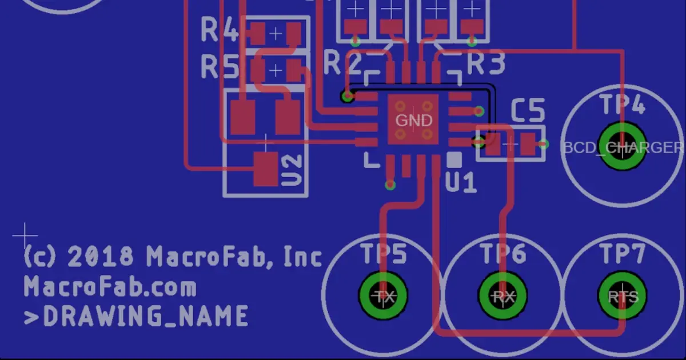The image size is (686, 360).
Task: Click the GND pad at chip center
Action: (x=413, y=119)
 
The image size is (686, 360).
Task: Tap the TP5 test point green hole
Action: (x=384, y=296)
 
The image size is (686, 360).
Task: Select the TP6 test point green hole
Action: (x=503, y=296)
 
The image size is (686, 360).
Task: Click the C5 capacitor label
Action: (x=527, y=111)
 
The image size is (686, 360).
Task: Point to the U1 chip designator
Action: (x=460, y=183)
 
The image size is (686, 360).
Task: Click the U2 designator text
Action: (x=293, y=170)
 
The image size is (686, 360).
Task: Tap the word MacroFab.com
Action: (x=110, y=286)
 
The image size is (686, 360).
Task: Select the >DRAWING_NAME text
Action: (x=136, y=316)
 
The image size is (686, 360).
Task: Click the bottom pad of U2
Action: (x=266, y=169)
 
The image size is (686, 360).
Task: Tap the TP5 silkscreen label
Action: (x=384, y=254)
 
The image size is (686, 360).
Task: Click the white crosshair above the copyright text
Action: (x=25, y=234)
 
